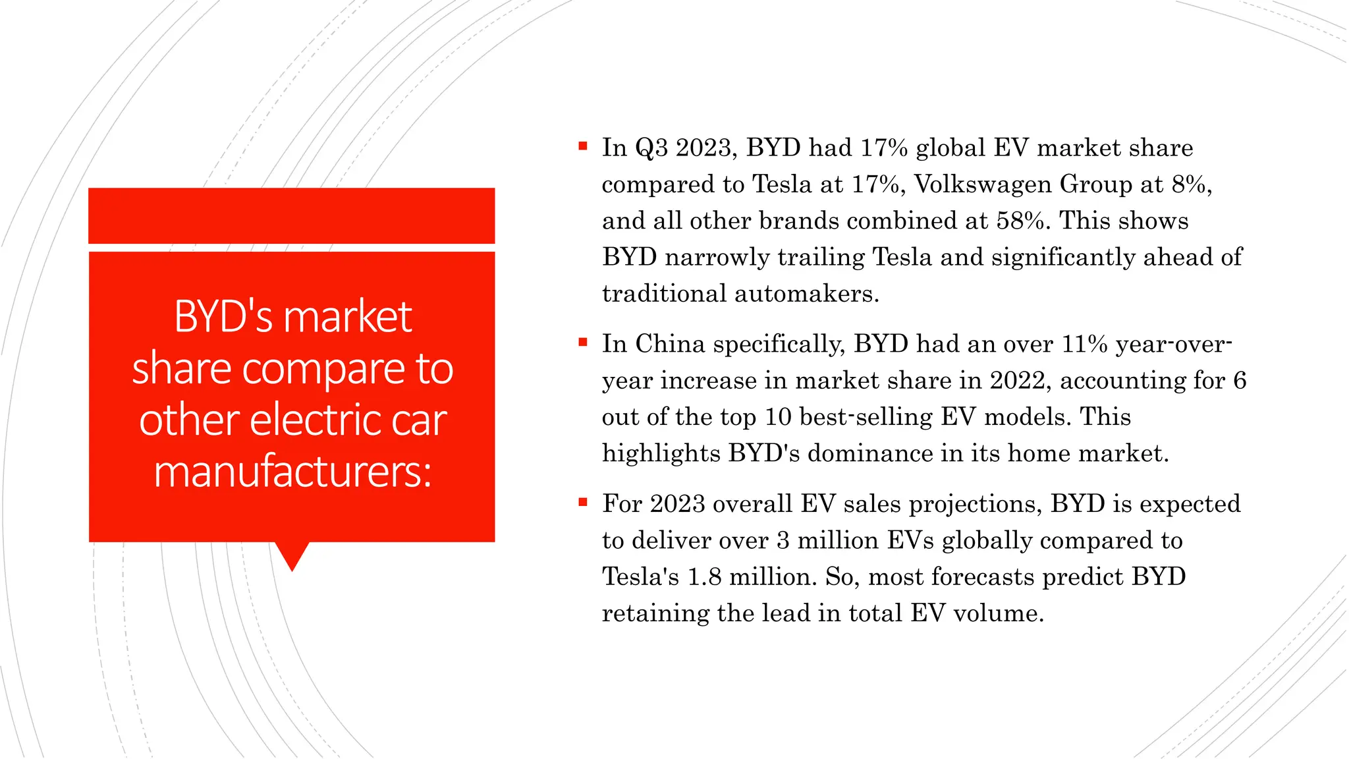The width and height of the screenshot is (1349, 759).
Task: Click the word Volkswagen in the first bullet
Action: (983, 184)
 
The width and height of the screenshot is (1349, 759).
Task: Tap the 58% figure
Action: (1020, 221)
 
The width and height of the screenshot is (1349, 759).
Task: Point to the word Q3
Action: (651, 148)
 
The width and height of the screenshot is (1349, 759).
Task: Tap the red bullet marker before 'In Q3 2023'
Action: (582, 146)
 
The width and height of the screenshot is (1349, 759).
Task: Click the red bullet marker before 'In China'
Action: (582, 342)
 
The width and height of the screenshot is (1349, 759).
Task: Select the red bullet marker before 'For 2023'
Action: (582, 502)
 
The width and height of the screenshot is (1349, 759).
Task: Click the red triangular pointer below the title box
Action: (292, 555)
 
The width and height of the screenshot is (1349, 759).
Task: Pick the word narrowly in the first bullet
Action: (717, 258)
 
